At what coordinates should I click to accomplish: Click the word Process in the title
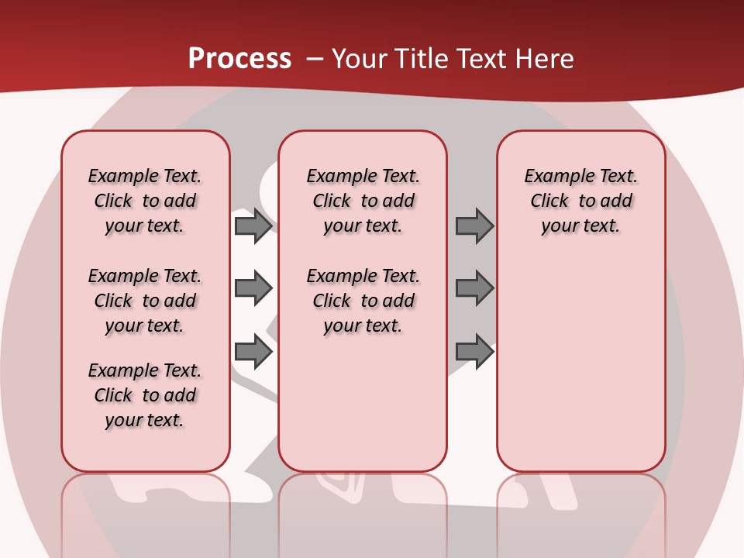[239, 59]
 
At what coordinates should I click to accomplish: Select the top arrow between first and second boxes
[253, 226]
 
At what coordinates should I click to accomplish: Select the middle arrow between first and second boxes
[253, 288]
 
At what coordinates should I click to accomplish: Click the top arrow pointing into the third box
[474, 226]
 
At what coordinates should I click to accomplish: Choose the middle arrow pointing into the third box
[474, 288]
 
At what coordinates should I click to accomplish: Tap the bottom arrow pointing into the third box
[474, 351]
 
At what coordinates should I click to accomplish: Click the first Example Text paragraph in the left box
[145, 201]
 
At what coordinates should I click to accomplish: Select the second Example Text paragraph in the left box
[145, 301]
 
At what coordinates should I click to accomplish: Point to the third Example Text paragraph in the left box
[145, 395]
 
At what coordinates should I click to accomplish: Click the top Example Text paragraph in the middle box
[363, 201]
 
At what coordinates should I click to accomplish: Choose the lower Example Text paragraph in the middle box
[363, 301]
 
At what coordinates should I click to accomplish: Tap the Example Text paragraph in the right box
[581, 201]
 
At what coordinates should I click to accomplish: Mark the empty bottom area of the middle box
[363, 411]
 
